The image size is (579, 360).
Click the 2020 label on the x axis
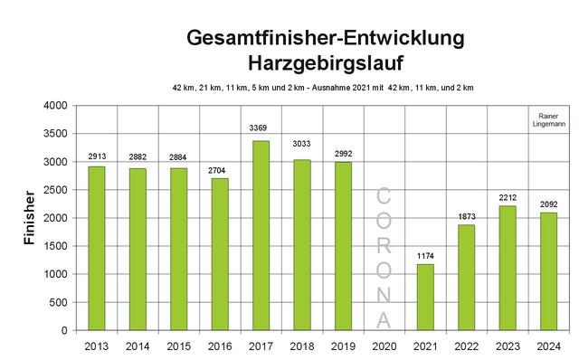click(x=384, y=346)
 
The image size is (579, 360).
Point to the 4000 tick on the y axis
click(x=56, y=106)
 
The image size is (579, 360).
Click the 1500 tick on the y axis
click(x=56, y=246)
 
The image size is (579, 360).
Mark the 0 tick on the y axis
click(x=66, y=330)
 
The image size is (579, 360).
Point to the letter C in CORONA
click(x=384, y=194)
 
